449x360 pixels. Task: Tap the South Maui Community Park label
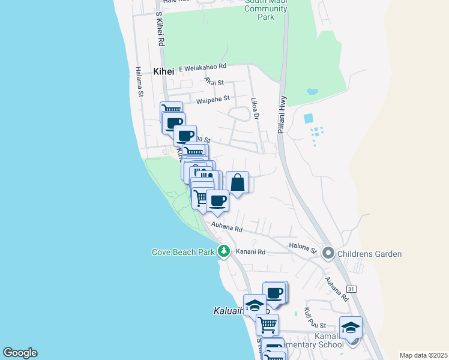pyautogui.click(x=268, y=9)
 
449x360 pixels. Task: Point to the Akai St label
pyautogui.click(x=214, y=82)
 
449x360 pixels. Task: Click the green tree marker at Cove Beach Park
pyautogui.click(x=224, y=251)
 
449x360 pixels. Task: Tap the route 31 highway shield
pyautogui.click(x=352, y=289)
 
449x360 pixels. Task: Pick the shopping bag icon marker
pyautogui.click(x=237, y=182)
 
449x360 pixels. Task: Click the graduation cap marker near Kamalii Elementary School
pyautogui.click(x=351, y=328)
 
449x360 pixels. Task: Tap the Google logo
pyautogui.click(x=20, y=353)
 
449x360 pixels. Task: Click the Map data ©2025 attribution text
pyautogui.click(x=423, y=355)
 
